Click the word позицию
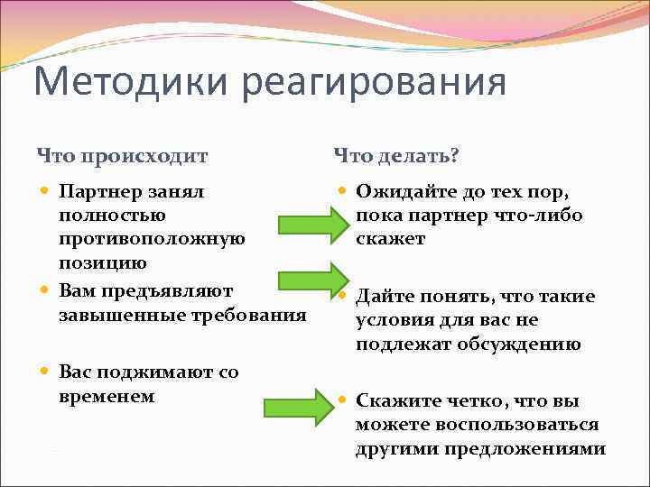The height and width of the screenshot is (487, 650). click(102, 264)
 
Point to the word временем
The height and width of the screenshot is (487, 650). click(106, 396)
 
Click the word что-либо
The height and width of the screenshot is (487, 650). click(534, 216)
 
